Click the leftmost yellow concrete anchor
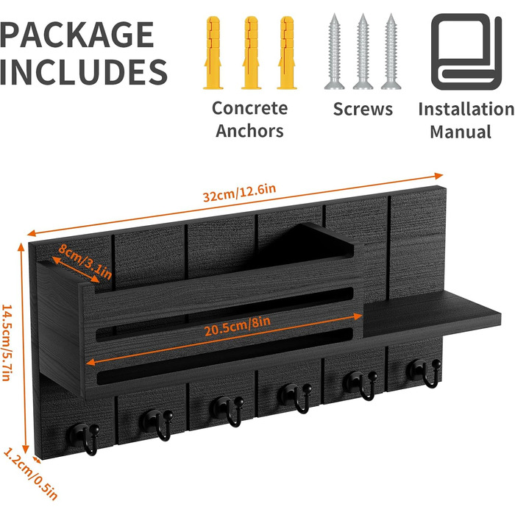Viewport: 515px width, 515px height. (x=213, y=53)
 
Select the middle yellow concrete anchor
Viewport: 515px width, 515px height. (x=251, y=53)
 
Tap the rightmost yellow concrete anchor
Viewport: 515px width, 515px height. (x=287, y=53)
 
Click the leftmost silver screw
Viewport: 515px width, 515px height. (x=334, y=52)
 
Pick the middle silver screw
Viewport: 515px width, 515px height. (x=363, y=52)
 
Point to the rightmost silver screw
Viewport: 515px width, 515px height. (x=391, y=52)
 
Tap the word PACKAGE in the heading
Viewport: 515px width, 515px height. (x=77, y=35)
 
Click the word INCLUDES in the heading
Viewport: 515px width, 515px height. (x=84, y=72)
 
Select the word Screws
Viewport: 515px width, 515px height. (x=363, y=109)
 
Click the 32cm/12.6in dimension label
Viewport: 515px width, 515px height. (x=239, y=193)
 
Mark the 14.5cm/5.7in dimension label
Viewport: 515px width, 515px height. (x=7, y=343)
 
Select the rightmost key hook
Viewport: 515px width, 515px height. (x=424, y=372)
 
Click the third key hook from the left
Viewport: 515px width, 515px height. (x=227, y=411)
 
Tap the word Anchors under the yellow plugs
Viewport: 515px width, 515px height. (x=249, y=131)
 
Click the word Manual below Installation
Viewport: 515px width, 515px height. (x=461, y=132)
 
